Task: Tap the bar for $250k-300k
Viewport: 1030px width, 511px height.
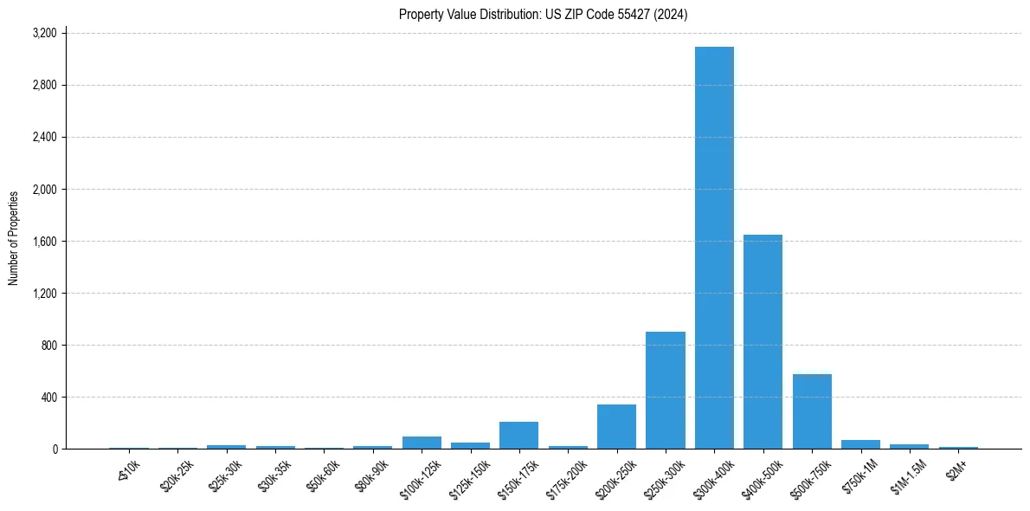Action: [x=666, y=390]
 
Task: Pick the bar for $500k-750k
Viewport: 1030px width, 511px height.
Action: [x=812, y=411]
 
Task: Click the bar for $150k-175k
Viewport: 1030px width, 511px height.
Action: [x=518, y=435]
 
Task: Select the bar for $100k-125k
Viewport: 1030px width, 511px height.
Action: [x=422, y=442]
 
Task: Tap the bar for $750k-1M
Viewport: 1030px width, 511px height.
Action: [x=860, y=444]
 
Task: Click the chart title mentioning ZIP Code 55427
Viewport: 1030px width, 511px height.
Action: [x=544, y=14]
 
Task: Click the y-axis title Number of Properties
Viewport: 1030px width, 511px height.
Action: [x=14, y=238]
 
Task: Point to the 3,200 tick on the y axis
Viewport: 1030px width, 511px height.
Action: [x=44, y=33]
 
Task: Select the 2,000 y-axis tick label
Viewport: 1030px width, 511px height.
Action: [x=44, y=189]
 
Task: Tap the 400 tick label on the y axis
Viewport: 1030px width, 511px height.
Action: [x=49, y=397]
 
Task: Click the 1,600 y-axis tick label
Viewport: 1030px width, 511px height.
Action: [x=44, y=241]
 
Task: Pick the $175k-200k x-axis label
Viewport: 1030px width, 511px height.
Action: [x=568, y=478]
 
